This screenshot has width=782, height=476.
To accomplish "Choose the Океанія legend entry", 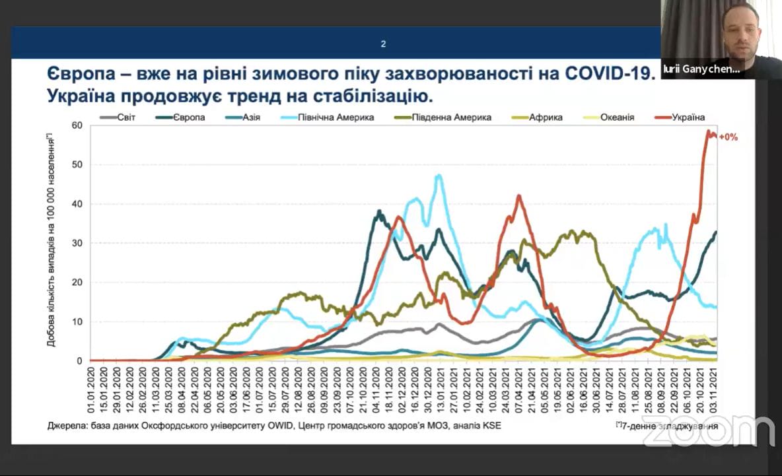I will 618,118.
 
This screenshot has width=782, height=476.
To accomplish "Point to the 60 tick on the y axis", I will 77,125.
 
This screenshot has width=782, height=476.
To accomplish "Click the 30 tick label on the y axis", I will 77,243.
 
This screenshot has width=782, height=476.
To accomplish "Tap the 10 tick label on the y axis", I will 77,322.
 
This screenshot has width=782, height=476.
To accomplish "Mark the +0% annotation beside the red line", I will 729,137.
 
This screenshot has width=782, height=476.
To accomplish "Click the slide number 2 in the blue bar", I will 383,44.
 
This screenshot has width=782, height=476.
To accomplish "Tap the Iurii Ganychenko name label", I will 701,69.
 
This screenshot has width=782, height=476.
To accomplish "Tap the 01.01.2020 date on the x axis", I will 91,390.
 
